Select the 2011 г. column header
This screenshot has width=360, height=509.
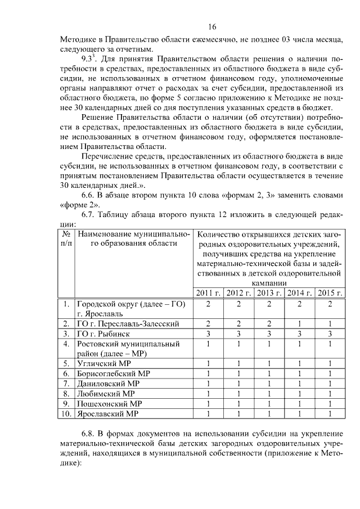coord(208,292)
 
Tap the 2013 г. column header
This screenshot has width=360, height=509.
coord(269,292)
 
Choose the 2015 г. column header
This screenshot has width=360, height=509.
coord(330,292)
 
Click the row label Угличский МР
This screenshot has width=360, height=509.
coord(105,363)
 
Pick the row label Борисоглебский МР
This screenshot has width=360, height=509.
coord(114,373)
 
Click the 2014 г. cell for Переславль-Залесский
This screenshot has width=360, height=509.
coord(299,324)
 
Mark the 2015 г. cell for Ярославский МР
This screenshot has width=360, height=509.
coord(330,414)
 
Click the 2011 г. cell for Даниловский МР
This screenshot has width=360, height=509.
coord(208,384)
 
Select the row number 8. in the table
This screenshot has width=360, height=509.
coord(66,394)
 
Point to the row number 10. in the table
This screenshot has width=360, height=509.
coord(66,414)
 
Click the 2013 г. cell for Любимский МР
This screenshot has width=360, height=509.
coord(269,394)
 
